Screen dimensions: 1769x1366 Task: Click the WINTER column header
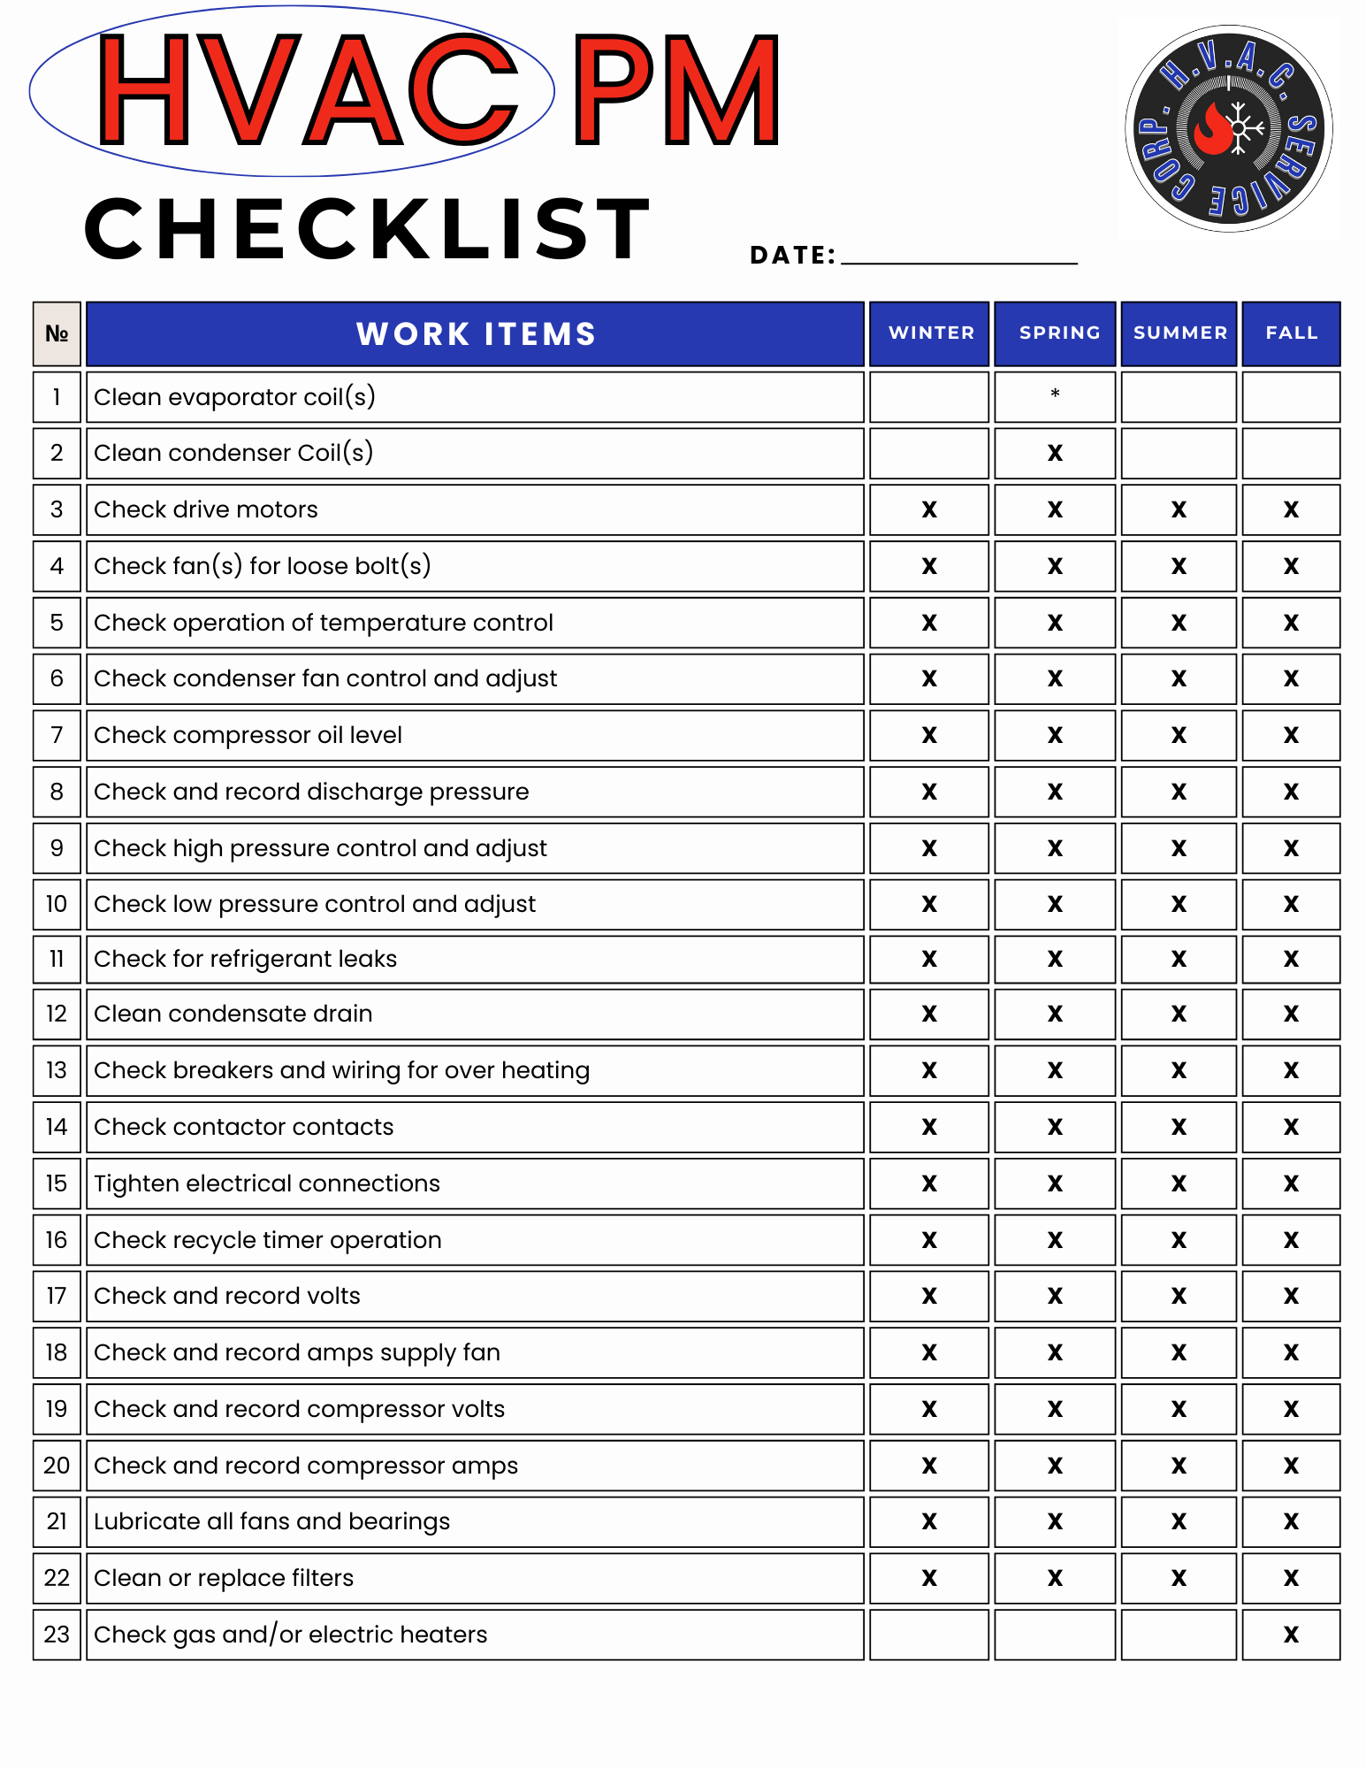pyautogui.click(x=929, y=333)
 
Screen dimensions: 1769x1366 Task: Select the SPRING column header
pyautogui.click(x=1056, y=333)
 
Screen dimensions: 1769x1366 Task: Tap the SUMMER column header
pyautogui.click(x=1179, y=333)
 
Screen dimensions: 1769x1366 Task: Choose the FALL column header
pyautogui.click(x=1291, y=333)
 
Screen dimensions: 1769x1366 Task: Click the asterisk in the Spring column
pyautogui.click(x=1055, y=394)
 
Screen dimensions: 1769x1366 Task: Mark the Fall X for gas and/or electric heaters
pyautogui.click(x=1291, y=1635)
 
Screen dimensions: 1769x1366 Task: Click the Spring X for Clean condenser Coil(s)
pyautogui.click(x=1055, y=453)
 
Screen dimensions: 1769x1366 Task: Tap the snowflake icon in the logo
pyautogui.click(x=1240, y=129)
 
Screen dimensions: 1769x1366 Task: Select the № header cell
pyautogui.click(x=57, y=333)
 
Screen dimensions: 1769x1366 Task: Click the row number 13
pyautogui.click(x=57, y=1070)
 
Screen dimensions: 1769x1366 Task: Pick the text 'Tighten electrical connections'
pyautogui.click(x=266, y=1183)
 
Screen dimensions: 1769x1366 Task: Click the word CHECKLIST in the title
pyautogui.click(x=368, y=229)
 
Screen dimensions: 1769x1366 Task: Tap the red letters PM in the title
pyautogui.click(x=676, y=90)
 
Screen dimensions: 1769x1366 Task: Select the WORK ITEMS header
pyautogui.click(x=475, y=333)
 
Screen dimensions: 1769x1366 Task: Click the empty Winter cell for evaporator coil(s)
pyautogui.click(x=929, y=397)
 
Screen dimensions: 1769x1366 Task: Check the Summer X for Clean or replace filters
pyautogui.click(x=1179, y=1578)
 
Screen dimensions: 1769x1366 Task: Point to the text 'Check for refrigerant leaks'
pyautogui.click(x=245, y=959)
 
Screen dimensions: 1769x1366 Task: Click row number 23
pyautogui.click(x=57, y=1635)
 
